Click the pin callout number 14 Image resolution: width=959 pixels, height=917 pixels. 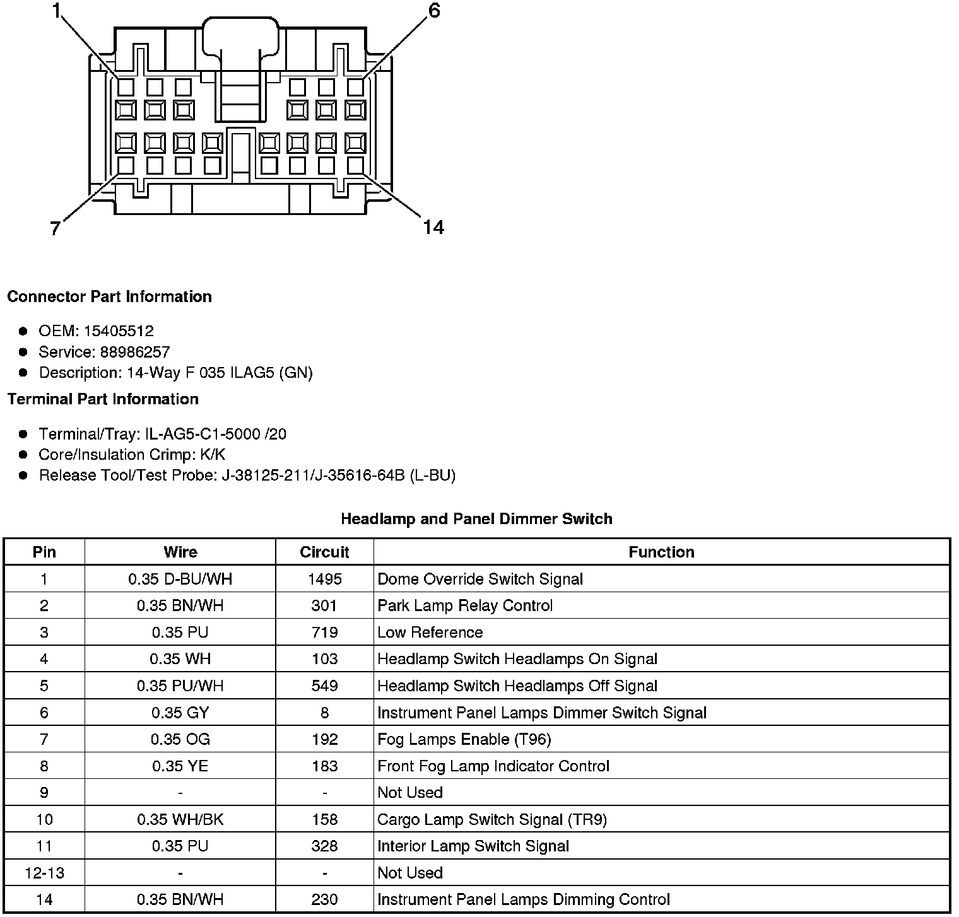(433, 227)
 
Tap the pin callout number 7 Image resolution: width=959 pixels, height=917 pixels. (55, 228)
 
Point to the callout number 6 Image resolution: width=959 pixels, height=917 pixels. (434, 11)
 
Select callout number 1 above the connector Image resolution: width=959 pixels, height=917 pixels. (57, 11)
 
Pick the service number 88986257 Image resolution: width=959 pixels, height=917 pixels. (135, 352)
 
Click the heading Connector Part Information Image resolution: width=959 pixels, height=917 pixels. (109, 296)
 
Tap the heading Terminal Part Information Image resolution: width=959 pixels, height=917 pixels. (103, 399)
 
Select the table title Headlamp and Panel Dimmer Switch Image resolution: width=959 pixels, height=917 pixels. (476, 519)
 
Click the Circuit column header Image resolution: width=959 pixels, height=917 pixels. (324, 552)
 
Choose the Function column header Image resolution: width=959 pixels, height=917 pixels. (661, 552)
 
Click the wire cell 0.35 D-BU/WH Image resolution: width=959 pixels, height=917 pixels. (180, 579)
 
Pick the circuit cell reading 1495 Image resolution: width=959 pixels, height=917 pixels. (324, 579)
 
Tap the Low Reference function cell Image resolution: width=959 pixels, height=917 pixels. (430, 633)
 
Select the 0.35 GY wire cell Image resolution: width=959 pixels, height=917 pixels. (180, 713)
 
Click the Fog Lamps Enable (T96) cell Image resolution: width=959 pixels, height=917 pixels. (464, 739)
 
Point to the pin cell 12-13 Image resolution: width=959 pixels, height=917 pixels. (44, 873)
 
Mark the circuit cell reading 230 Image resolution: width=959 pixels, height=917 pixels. (324, 899)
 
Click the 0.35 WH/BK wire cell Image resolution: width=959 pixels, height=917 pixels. (180, 819)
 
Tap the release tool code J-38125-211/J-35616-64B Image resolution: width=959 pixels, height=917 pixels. (313, 475)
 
